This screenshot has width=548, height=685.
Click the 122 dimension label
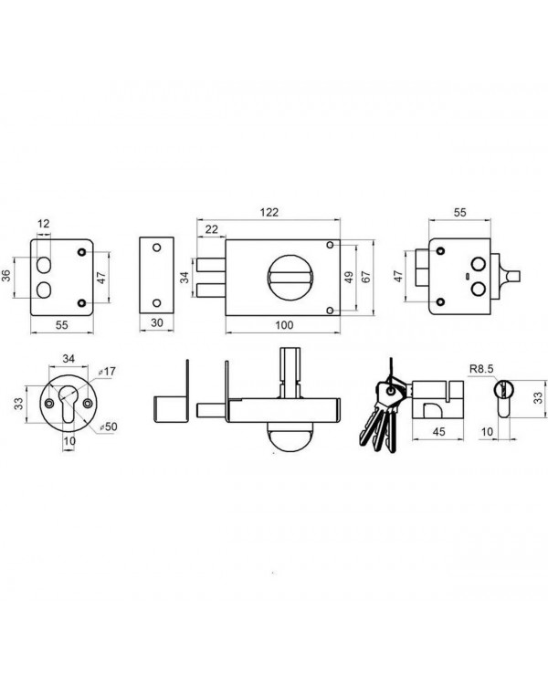point(269,212)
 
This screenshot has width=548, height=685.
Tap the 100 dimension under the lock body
point(284,325)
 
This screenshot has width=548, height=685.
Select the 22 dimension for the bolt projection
point(211,229)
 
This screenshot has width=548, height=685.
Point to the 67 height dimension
point(365,277)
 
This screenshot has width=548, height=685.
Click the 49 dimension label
point(349,278)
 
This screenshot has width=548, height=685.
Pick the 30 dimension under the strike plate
point(156,322)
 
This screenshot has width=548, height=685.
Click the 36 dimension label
point(6,276)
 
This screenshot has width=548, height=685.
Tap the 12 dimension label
point(43,224)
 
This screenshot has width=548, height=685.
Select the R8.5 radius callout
point(481,369)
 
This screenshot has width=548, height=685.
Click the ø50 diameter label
point(108,427)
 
